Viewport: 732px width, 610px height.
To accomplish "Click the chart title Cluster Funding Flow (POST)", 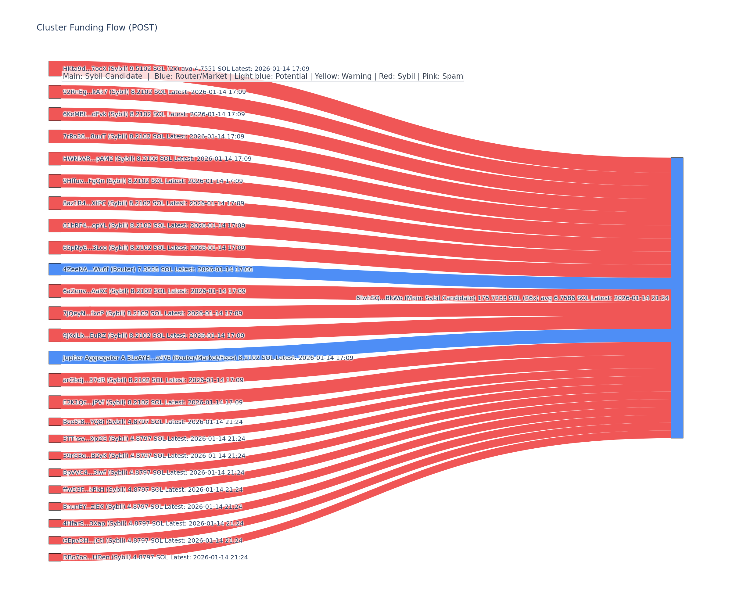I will click(97, 27).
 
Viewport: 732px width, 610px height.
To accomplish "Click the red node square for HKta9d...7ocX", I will click(55, 68).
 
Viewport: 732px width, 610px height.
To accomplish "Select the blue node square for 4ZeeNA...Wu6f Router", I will click(55, 269).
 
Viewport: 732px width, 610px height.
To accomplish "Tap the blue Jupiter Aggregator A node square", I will click(55, 358).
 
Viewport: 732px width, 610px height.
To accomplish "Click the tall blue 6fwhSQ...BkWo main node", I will click(677, 298).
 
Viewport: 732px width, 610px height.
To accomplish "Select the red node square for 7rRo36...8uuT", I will click(55, 136).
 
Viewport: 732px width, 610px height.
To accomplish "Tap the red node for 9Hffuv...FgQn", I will click(55, 181).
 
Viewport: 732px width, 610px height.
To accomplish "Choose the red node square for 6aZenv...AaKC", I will click(55, 291).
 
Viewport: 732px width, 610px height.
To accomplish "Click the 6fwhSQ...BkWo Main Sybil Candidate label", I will click(512, 298).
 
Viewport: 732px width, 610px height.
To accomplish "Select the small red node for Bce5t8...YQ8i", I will click(55, 422).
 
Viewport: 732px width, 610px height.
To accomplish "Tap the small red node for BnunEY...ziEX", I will click(55, 507).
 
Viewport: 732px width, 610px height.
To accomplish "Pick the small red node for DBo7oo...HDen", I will click(55, 557).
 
